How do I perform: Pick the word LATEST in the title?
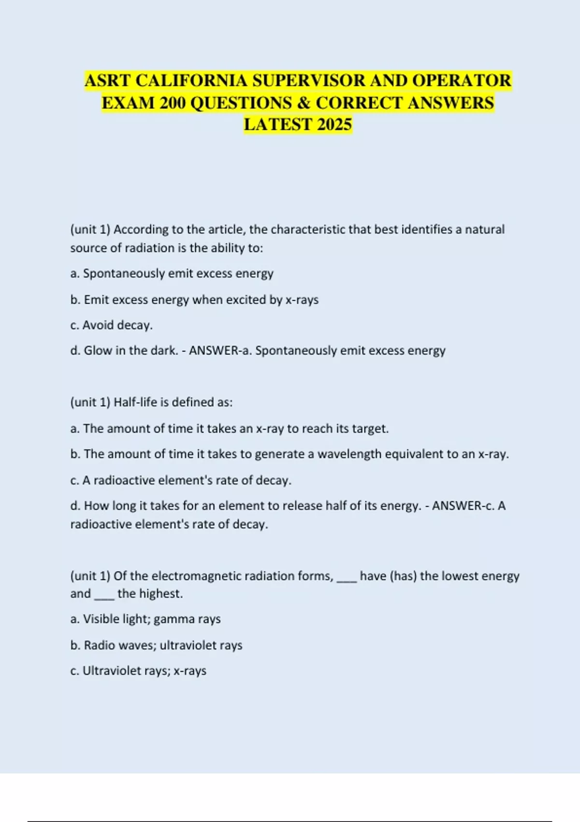coord(278,125)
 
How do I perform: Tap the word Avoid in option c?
coord(99,325)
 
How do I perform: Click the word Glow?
coord(98,351)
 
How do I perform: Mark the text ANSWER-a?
coord(220,351)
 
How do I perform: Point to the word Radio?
coord(99,645)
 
